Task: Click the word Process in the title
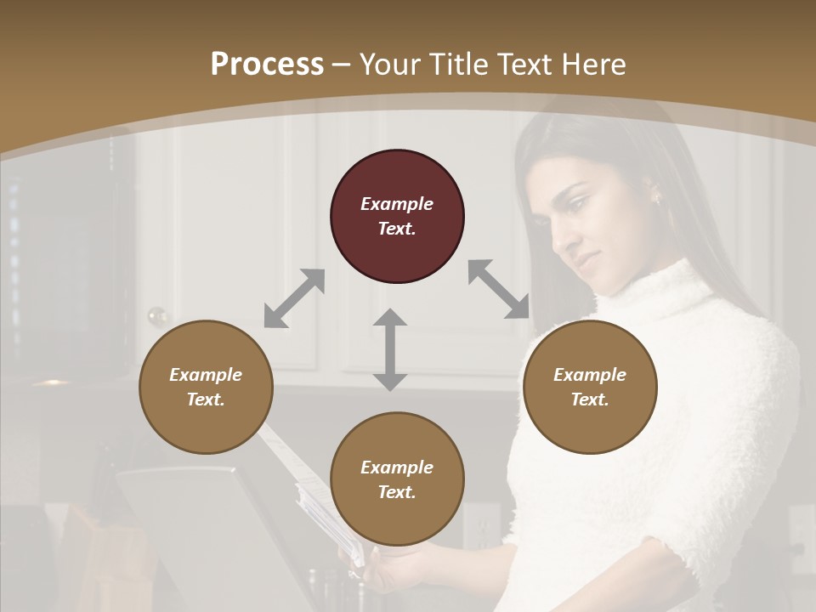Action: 267,65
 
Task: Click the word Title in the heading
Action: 452,65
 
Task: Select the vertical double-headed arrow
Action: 390,350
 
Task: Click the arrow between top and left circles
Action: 294,298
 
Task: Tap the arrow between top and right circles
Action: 498,289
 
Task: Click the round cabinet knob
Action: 158,316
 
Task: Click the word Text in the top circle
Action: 397,229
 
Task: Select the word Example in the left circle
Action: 206,375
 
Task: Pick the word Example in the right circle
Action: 590,375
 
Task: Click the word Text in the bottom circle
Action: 397,492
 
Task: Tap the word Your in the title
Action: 388,65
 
